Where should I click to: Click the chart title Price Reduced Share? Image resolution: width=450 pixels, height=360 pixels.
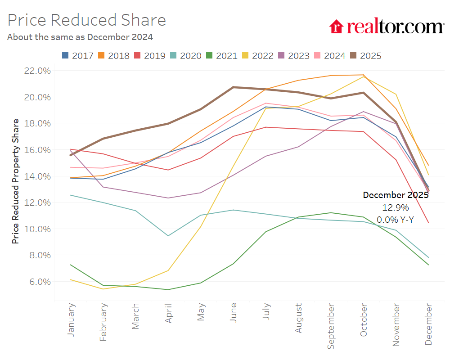87,20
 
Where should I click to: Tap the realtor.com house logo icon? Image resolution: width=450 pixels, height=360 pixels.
336,27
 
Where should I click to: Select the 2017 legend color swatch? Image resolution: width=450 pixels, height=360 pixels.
65,56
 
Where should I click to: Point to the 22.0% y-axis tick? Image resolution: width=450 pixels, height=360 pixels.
38,71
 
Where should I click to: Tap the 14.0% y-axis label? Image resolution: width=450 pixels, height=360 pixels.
38,176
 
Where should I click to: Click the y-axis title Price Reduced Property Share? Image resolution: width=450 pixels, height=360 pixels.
16,181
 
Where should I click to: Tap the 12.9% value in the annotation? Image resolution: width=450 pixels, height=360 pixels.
396,207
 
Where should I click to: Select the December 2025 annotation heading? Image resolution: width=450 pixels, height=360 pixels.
396,195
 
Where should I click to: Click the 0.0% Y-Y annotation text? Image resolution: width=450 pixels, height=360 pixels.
396,220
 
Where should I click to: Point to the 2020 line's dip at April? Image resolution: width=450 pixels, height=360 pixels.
169,235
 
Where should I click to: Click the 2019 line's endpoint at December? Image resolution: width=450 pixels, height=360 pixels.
428,223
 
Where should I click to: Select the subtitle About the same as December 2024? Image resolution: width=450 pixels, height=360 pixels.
80,37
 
